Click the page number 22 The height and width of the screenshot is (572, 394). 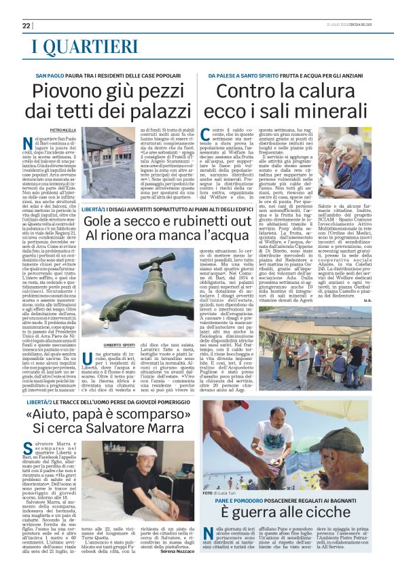26,26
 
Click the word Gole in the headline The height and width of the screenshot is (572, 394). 101,220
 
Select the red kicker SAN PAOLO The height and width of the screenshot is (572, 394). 50,73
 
